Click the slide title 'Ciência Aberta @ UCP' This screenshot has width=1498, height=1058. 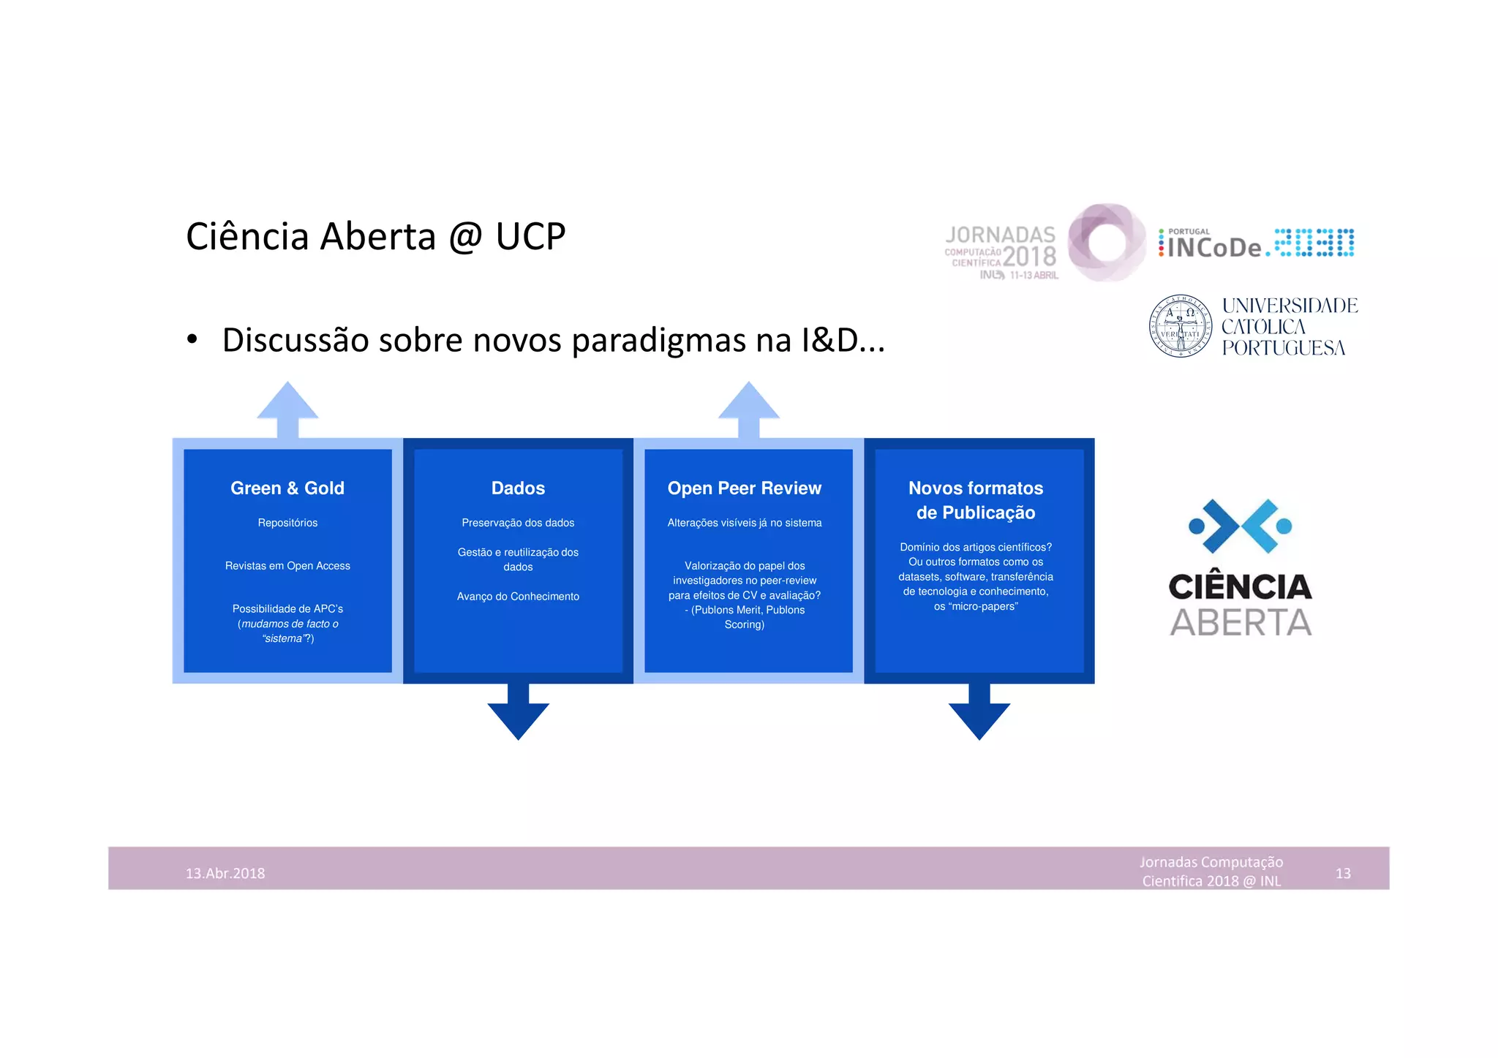375,237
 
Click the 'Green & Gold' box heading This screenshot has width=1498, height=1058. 287,488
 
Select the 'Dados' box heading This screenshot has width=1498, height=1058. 518,488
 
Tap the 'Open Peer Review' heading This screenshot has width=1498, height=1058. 744,488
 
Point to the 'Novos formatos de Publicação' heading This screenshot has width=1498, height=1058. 975,500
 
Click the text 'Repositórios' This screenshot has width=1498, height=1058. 287,523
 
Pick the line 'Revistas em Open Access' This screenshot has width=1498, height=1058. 287,566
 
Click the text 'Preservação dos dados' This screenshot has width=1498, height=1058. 518,523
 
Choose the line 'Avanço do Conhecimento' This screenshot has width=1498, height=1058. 518,597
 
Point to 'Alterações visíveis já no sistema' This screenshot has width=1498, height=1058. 744,523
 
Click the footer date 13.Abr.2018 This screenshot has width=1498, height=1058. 225,873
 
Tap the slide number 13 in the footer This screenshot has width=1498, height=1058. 1343,873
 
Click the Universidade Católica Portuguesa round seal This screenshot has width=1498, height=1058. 1180,326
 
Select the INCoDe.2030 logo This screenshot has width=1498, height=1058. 1256,244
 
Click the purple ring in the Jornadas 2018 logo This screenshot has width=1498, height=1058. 1106,243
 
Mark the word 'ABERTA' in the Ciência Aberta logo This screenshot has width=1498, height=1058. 1241,623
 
